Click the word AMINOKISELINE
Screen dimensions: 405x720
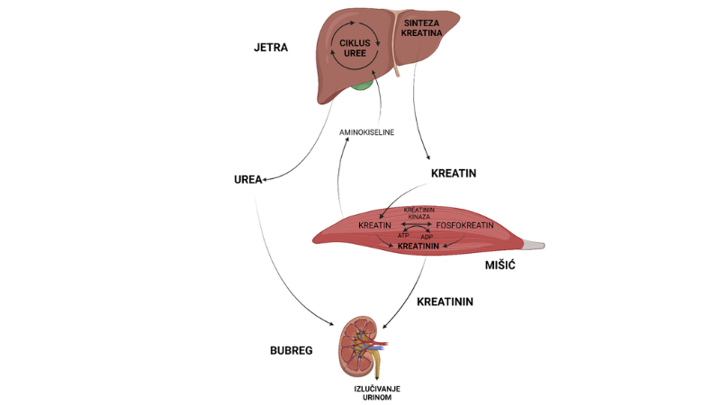tap(366, 133)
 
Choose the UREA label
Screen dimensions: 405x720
tap(246, 179)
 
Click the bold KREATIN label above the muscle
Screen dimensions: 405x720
tap(454, 171)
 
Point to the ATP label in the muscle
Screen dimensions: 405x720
tap(404, 236)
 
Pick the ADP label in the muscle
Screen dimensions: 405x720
tap(439, 236)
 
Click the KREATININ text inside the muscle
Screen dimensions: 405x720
tap(418, 246)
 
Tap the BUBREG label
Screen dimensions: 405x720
tap(291, 350)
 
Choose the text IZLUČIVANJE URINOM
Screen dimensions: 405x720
tap(377, 392)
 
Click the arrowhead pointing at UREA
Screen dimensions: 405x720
tap(266, 180)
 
